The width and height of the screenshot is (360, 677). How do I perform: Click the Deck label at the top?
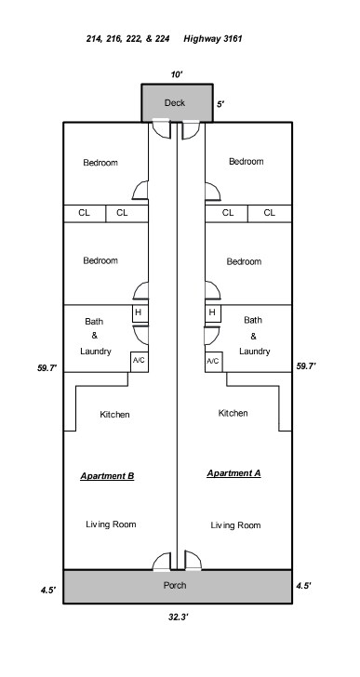coord(175,102)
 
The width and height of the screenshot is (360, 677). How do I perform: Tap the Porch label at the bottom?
coord(175,586)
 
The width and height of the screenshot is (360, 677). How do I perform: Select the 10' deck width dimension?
coord(177,74)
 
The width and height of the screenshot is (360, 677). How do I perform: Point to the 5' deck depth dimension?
coord(220,104)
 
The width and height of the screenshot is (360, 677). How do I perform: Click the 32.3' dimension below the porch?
coord(179,617)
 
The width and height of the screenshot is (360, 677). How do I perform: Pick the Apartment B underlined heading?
coord(107,476)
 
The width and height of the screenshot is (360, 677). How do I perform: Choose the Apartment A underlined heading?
coord(233,473)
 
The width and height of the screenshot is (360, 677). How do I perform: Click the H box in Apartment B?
coord(140,313)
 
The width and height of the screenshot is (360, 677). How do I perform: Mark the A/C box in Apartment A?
coord(214,362)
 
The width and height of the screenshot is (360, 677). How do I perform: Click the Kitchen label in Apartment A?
coord(233,413)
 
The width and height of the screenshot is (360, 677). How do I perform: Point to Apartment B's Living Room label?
coord(111,524)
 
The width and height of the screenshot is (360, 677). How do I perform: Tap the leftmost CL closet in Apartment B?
coord(85,214)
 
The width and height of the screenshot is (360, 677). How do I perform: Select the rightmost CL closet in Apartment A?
coord(270,214)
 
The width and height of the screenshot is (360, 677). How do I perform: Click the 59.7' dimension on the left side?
coord(47,368)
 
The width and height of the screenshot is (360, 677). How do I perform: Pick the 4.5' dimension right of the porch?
coord(303,586)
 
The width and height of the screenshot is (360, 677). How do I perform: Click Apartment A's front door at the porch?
coord(193,561)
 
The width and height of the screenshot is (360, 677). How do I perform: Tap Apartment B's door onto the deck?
coord(162,129)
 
